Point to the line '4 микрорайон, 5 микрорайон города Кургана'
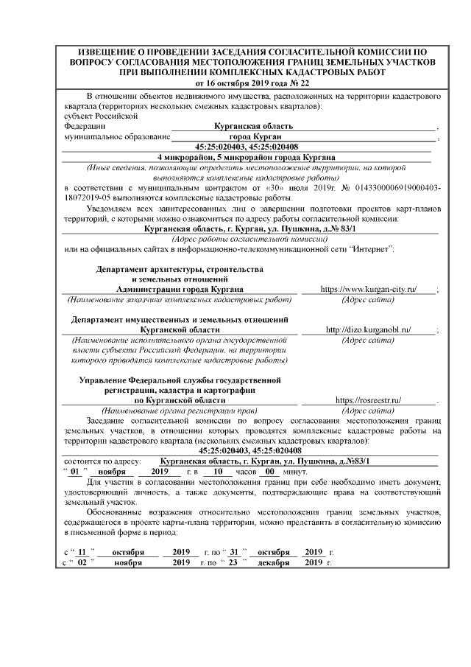tap(247, 157)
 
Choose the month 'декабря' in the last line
tap(273, 562)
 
